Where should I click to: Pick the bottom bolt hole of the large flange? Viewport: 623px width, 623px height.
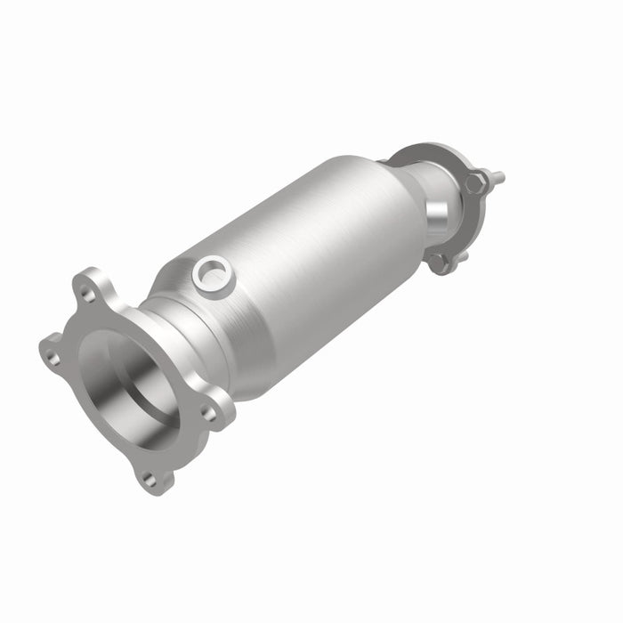149,480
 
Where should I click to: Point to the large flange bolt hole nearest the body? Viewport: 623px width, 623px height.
207,413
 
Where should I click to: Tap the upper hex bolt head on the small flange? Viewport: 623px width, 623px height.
473,184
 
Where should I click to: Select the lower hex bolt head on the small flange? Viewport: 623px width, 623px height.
438,259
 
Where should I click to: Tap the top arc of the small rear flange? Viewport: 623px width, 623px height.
418,149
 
